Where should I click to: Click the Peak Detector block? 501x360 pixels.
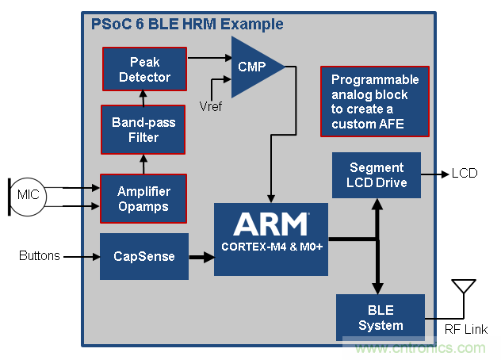click(144, 69)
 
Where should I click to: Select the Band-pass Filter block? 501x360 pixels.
click(143, 130)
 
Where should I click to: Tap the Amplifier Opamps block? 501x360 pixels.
click(143, 198)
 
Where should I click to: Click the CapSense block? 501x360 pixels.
click(144, 256)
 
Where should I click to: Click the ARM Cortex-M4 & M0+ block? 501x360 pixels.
click(270, 239)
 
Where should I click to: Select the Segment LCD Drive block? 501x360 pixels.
click(377, 175)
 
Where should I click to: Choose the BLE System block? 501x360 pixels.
click(380, 318)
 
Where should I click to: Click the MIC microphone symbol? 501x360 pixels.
click(31, 195)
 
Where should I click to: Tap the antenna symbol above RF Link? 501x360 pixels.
click(462, 289)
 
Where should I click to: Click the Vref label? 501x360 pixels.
click(209, 107)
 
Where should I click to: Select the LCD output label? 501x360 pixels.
click(465, 173)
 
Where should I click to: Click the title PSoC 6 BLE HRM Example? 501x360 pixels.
click(185, 25)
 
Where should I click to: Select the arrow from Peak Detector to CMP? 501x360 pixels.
click(209, 58)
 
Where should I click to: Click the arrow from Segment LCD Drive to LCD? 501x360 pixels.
click(435, 173)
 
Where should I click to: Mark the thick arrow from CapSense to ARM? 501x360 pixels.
click(201, 256)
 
